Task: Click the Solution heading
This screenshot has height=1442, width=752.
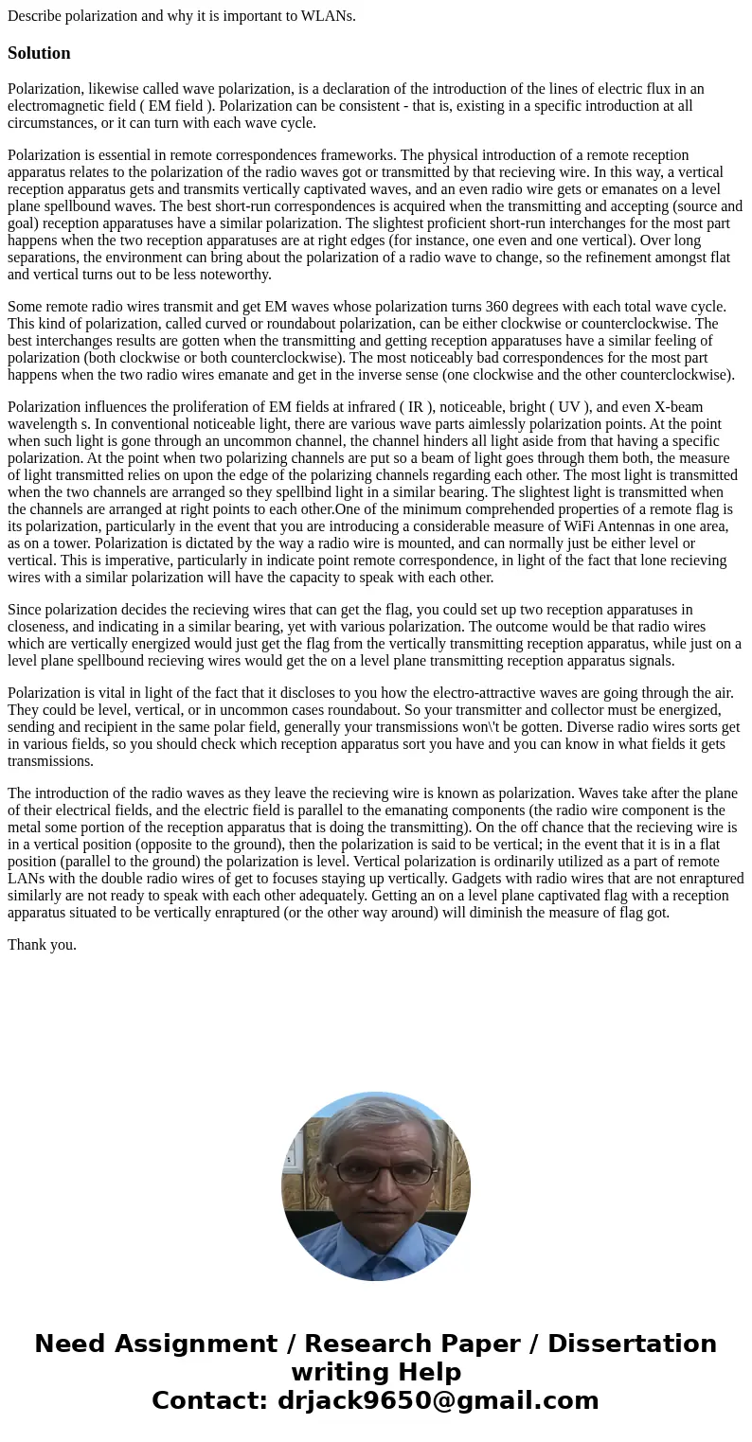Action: tap(39, 53)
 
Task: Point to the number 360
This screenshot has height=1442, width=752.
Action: tap(498, 307)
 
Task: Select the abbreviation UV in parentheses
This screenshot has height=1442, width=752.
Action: tap(569, 407)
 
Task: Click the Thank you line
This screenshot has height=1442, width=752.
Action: tap(42, 945)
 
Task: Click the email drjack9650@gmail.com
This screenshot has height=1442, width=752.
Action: tap(438, 1401)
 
